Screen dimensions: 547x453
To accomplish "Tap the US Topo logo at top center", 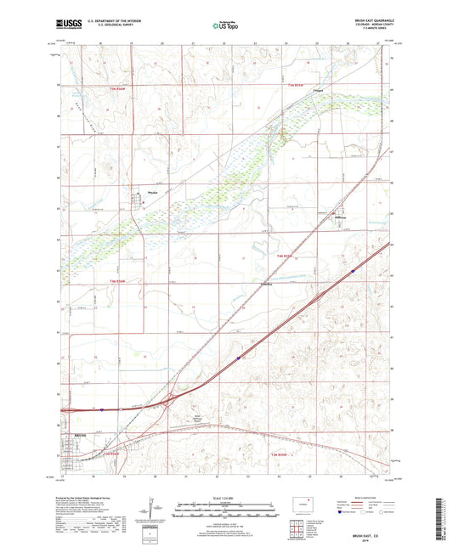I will click(224, 25).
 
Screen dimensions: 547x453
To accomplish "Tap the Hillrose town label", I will click(340, 218).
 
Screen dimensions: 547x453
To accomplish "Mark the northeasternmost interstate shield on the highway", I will click(352, 271).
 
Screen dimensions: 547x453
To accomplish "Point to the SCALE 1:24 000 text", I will click(225, 499).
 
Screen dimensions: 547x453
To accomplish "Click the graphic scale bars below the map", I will click(225, 510).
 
